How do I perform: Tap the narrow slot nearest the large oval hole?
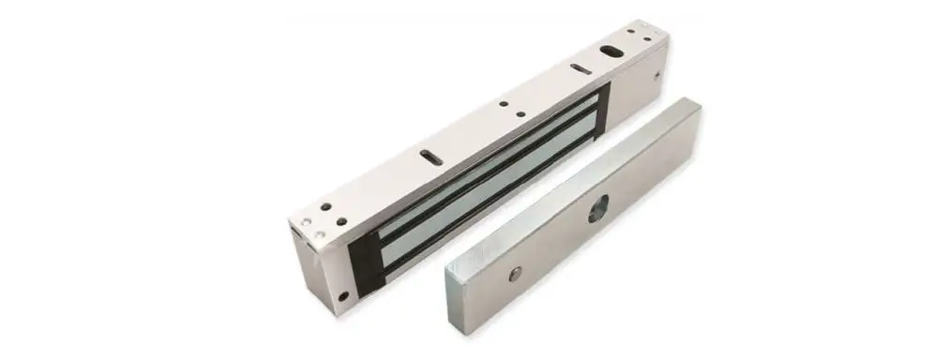point(580,68)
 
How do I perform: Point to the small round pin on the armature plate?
point(514,274)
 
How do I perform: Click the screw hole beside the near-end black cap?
point(342,297)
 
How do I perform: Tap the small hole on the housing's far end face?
point(661,74)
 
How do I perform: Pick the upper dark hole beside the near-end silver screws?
point(325,206)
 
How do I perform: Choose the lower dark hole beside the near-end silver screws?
point(341,222)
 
